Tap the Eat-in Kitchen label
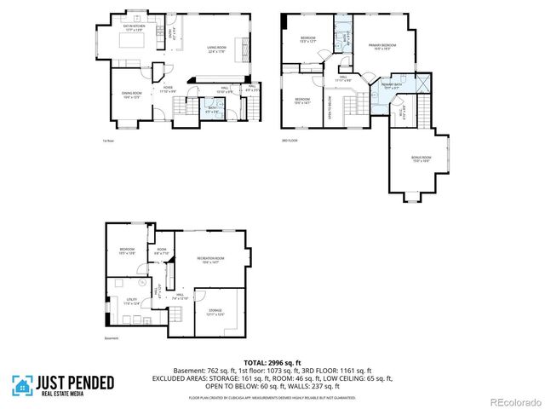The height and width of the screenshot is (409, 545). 135,28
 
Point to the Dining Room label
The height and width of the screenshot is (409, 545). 132,95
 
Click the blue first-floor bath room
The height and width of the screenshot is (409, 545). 214,109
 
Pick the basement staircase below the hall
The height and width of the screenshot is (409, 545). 178,315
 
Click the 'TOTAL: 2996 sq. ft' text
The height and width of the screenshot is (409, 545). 272,362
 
